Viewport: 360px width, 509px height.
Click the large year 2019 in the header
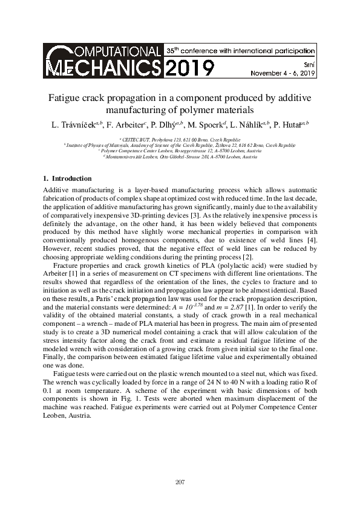(188, 68)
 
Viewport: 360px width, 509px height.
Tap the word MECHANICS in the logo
(102, 67)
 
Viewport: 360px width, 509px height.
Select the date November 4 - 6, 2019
(283, 73)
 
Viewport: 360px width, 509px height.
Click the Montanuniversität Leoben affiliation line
(180, 157)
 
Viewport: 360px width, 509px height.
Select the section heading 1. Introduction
(67, 178)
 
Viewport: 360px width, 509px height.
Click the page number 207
(180, 482)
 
